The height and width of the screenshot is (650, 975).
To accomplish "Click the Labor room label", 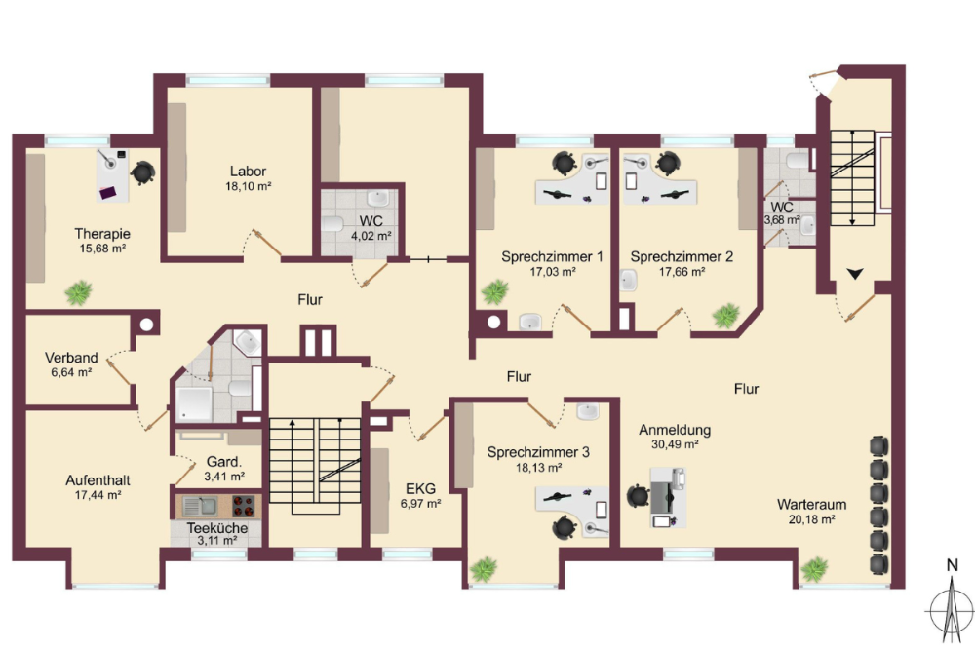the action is (x=248, y=171).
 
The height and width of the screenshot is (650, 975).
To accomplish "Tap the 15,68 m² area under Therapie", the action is (x=102, y=249).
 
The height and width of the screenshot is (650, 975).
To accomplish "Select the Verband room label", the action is (x=71, y=358).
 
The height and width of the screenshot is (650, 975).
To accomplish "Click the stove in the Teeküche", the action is (x=243, y=506).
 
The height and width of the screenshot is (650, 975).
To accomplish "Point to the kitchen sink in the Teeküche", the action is (x=199, y=506).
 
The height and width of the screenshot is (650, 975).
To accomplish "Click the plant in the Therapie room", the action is (x=79, y=292).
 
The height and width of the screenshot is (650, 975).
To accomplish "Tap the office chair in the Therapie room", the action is (x=143, y=172).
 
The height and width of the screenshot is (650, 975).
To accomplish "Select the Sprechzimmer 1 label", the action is (x=552, y=256).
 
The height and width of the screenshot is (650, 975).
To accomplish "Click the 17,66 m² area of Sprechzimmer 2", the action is (x=682, y=272).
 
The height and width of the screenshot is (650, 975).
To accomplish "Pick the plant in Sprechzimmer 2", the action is (x=725, y=316).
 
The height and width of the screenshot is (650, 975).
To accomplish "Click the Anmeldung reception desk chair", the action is (x=638, y=496).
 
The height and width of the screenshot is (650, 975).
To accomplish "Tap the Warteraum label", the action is (x=811, y=504).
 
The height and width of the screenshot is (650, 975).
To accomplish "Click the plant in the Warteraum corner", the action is (x=814, y=569).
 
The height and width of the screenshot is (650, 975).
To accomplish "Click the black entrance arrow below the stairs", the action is (x=855, y=274).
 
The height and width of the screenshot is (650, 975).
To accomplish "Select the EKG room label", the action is (x=420, y=488).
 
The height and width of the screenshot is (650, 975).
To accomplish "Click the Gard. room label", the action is (x=224, y=462).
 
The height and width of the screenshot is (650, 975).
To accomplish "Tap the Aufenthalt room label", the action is (x=98, y=480).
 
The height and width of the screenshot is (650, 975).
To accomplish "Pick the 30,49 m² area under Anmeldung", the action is (x=675, y=444).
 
